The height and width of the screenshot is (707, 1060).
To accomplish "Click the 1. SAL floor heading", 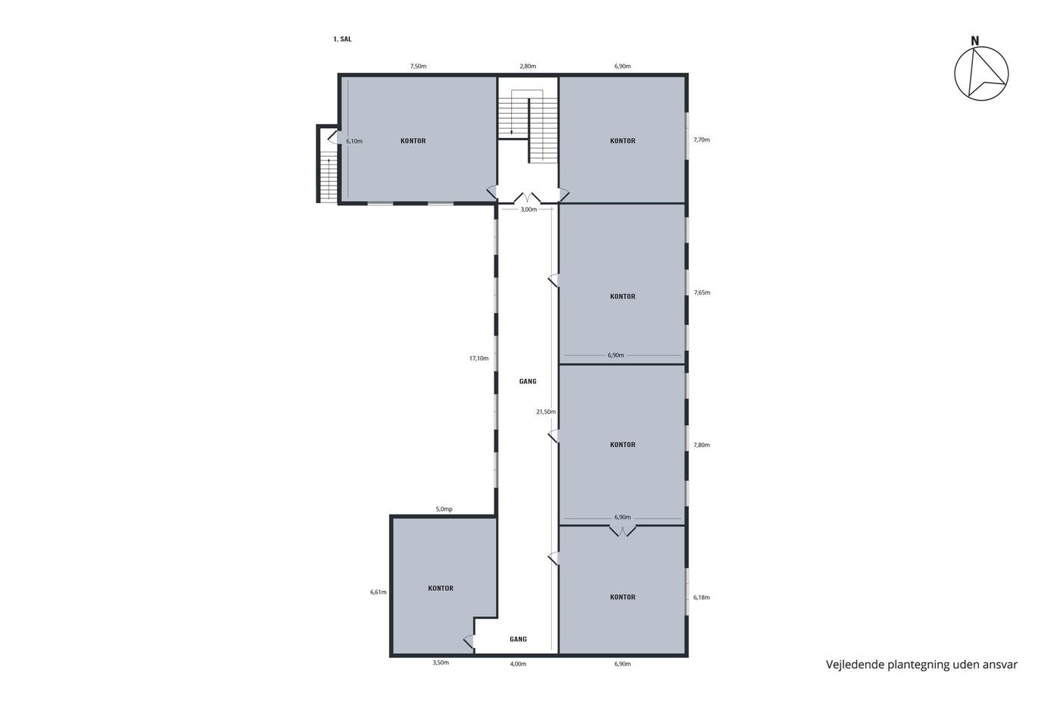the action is (342, 39).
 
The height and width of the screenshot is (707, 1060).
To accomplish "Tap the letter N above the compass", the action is (975, 41).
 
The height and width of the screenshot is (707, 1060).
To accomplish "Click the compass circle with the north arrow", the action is (981, 74).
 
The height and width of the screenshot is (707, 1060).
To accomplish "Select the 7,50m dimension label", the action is (418, 66).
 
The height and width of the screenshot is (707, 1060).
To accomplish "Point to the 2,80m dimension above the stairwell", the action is (528, 66).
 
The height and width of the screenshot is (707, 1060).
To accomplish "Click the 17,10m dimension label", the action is (479, 358).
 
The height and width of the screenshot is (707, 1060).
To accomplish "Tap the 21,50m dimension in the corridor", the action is (546, 412).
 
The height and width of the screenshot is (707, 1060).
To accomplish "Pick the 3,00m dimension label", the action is (528, 209).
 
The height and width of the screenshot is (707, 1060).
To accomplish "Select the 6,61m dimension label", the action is (378, 592).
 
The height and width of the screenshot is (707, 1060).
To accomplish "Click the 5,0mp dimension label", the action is (444, 509).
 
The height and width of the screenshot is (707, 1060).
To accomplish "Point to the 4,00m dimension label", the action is (518, 664).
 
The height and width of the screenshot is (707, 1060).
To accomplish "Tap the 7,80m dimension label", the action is (701, 445).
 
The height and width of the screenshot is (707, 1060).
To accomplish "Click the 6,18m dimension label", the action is (701, 598).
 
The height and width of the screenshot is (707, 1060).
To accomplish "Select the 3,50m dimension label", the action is (441, 662).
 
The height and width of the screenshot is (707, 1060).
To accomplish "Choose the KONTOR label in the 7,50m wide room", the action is (413, 141).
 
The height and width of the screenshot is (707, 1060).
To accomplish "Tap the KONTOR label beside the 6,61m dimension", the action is (441, 588).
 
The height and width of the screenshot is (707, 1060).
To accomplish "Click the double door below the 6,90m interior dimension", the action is (622, 530).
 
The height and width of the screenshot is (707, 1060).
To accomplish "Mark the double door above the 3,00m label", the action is (527, 198).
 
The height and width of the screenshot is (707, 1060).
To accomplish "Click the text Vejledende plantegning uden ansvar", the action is (921, 665).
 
